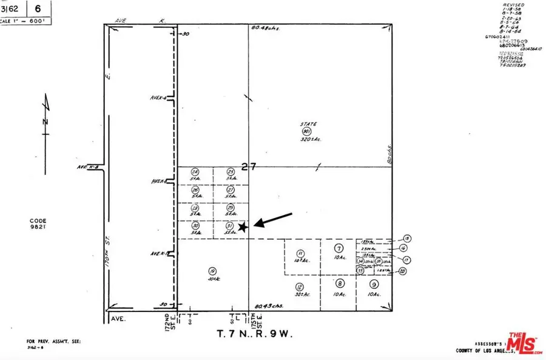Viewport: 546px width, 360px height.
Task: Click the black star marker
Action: (242, 227)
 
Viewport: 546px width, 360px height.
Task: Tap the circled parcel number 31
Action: (230, 225)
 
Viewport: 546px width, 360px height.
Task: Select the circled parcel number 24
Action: (195, 172)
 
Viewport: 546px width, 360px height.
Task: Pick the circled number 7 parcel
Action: (339, 248)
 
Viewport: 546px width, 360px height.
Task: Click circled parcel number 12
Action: (299, 287)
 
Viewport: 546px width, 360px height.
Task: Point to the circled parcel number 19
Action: (212, 271)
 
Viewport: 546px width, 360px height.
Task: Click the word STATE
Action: (308, 124)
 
